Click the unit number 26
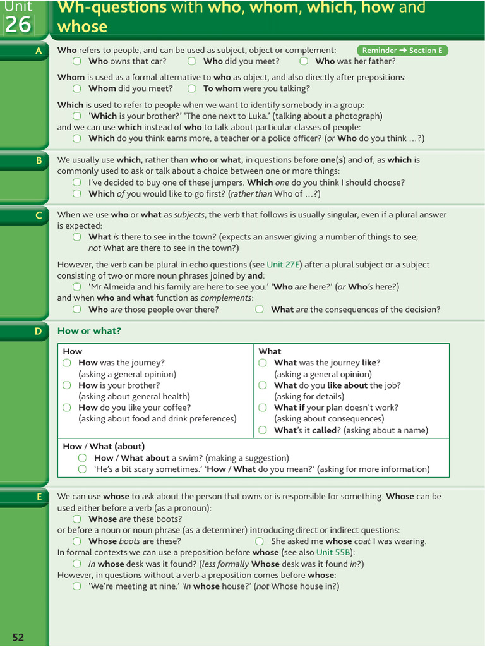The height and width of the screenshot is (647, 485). (18, 25)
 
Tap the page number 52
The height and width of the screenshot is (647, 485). (18, 637)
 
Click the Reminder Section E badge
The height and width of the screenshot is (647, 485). (402, 51)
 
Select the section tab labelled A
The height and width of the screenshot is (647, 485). (39, 51)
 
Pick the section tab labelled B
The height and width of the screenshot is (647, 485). (39, 160)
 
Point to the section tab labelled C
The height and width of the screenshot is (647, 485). (39, 215)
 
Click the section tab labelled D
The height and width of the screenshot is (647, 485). (39, 331)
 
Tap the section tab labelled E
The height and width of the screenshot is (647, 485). (39, 497)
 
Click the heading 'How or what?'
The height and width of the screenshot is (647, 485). (89, 331)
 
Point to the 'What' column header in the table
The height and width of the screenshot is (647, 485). (270, 351)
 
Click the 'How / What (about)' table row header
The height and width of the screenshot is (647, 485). (104, 446)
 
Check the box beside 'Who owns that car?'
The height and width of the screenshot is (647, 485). (77, 61)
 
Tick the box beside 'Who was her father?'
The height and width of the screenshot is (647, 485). (304, 61)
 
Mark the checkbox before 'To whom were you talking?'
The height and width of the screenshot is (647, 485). (191, 88)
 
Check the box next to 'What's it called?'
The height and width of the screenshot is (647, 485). (262, 430)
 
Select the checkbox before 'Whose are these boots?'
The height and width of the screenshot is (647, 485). (77, 519)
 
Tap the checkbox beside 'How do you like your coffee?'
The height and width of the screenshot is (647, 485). (67, 408)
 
